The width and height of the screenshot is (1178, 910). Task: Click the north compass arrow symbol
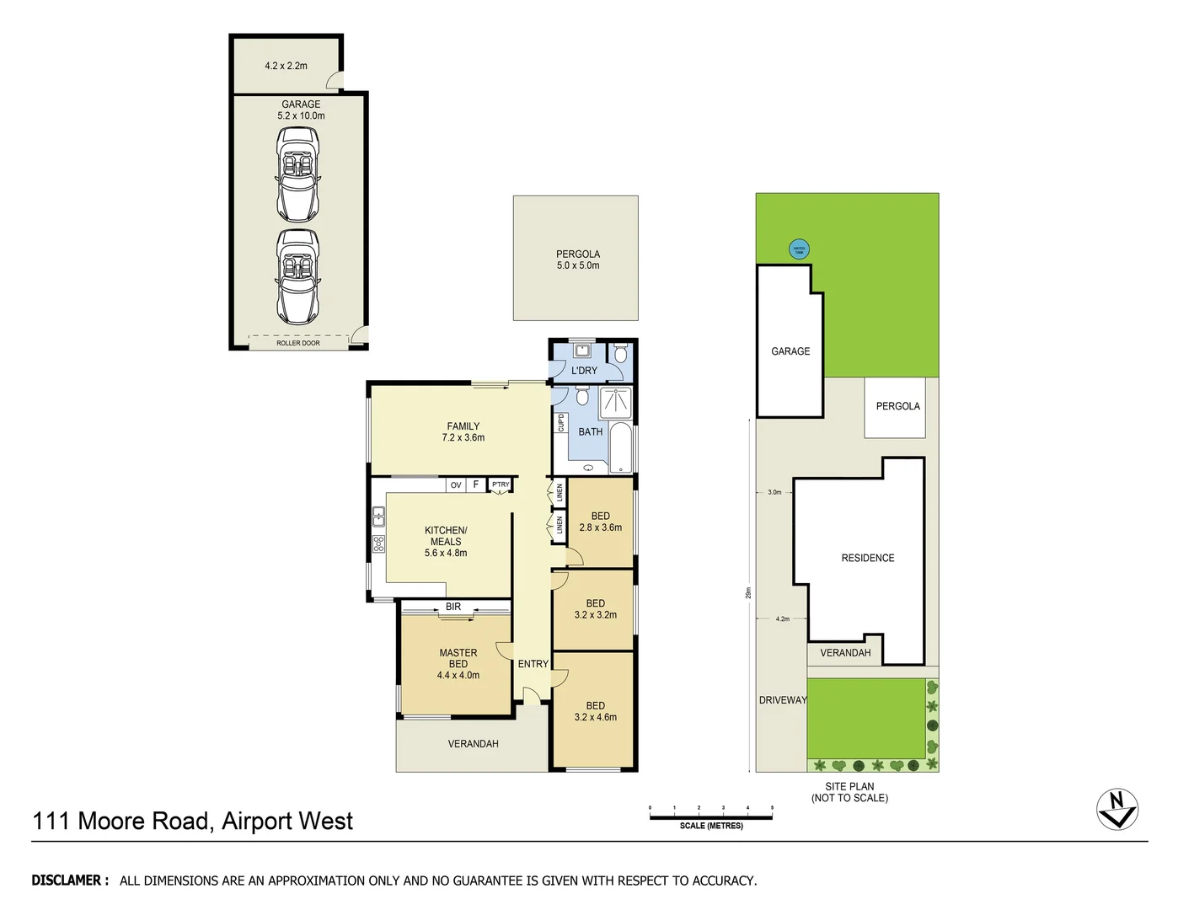tap(1117, 809)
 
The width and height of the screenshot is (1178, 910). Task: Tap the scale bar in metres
tap(710, 816)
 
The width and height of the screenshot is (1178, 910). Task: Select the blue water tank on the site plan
tap(799, 249)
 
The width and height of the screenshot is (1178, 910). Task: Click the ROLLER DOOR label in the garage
tap(298, 343)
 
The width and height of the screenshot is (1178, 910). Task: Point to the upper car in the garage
tap(298, 174)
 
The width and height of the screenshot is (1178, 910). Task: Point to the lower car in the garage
tap(298, 277)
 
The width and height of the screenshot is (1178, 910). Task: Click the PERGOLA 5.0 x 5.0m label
tap(578, 260)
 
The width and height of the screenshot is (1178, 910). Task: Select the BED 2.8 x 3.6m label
tap(601, 522)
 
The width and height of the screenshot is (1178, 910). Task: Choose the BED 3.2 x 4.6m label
tap(596, 711)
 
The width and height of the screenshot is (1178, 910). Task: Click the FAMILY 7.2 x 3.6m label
tap(463, 431)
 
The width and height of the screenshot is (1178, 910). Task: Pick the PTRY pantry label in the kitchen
tap(501, 484)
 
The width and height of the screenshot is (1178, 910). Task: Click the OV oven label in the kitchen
tap(456, 485)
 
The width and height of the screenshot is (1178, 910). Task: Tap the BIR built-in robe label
tap(453, 607)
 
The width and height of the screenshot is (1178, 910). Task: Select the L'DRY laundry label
tap(584, 371)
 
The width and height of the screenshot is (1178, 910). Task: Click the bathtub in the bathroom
tap(620, 447)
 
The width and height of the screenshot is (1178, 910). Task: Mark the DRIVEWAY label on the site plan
tap(783, 700)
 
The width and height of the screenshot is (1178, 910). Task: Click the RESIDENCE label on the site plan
tap(868, 558)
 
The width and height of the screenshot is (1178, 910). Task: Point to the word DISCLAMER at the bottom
tap(70, 881)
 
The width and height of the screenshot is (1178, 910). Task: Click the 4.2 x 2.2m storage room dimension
tap(286, 66)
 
